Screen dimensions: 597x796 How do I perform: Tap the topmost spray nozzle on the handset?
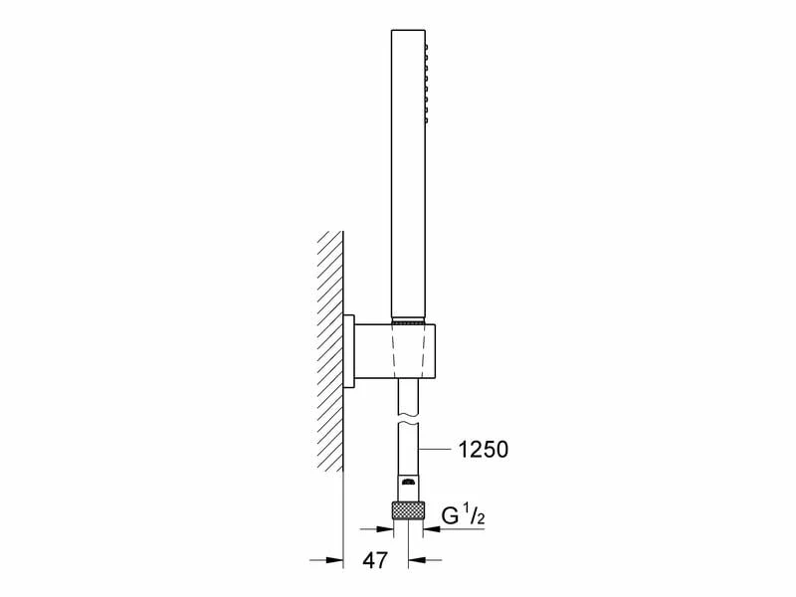[429, 47]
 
